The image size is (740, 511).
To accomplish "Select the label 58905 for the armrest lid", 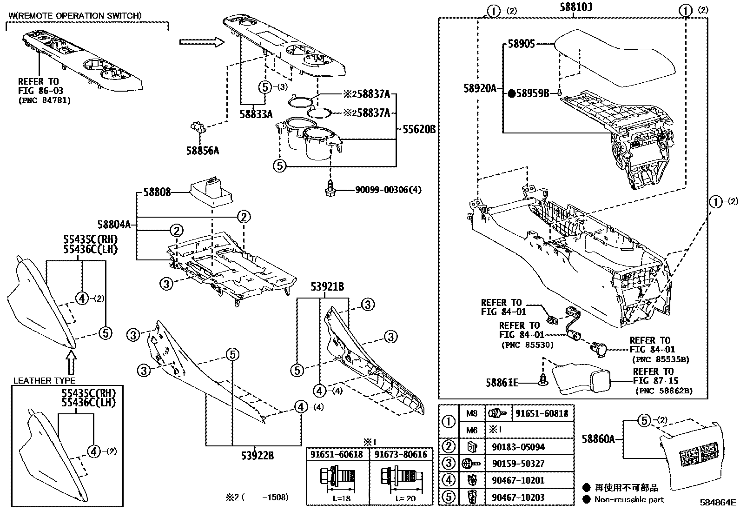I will (x=521, y=44).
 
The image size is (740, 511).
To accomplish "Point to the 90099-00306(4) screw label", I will (x=388, y=190).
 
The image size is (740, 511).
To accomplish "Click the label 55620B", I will (x=416, y=130).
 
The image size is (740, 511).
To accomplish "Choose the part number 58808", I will (x=157, y=192).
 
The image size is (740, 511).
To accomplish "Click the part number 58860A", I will (x=599, y=438).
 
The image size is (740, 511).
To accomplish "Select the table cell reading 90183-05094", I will (x=518, y=447).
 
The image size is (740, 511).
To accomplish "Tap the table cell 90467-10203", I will (x=518, y=497).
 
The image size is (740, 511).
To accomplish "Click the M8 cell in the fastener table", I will (x=471, y=413).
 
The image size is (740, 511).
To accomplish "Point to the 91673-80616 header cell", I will (x=401, y=454).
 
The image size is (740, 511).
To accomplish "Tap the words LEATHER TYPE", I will (x=44, y=380).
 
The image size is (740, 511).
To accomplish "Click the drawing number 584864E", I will (x=719, y=503).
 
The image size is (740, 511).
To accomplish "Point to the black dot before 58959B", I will (x=511, y=94).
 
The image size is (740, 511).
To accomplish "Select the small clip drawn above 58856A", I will (x=199, y=126).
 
